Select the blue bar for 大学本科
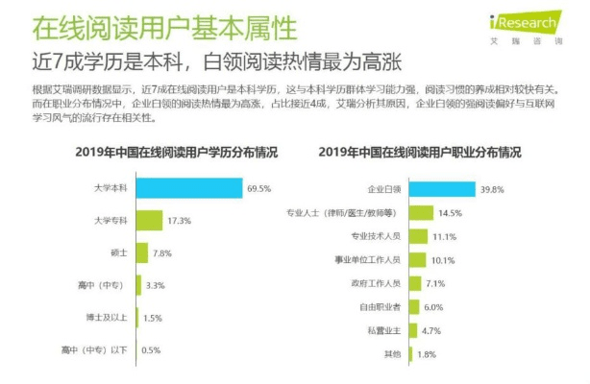(x=188, y=188)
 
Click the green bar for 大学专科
(x=149, y=221)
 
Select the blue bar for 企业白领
(x=443, y=189)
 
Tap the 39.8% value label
(x=494, y=189)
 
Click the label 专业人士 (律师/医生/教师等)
(x=348, y=212)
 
